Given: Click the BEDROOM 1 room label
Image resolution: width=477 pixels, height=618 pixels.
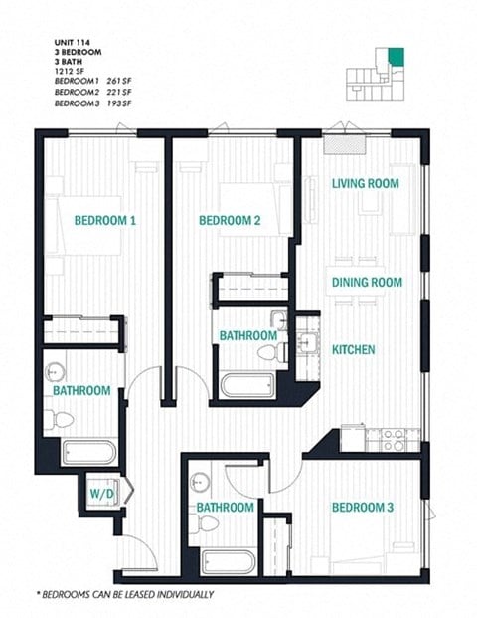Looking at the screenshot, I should point(104,221).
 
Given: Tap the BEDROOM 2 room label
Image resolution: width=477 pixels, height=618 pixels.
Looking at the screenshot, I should point(230,221).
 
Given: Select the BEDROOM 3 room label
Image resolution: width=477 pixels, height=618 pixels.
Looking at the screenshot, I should point(363,508).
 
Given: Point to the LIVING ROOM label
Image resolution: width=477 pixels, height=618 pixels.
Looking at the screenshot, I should point(366,183).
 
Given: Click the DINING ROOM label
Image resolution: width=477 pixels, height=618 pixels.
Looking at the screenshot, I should point(367,283).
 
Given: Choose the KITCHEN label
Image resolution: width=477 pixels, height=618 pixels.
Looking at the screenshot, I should point(353,349).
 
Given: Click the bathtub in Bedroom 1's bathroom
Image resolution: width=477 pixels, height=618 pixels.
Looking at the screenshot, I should point(88,453).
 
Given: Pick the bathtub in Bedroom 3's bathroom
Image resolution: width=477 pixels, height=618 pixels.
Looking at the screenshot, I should point(228,562).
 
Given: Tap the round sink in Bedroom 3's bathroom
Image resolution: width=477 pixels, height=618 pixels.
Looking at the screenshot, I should point(202,479).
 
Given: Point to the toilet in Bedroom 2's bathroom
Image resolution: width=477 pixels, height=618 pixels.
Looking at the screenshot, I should point(268,352).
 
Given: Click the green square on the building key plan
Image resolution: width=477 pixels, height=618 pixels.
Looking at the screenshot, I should point(397,55).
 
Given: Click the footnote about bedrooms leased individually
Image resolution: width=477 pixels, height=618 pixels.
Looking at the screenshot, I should point(125,594).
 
